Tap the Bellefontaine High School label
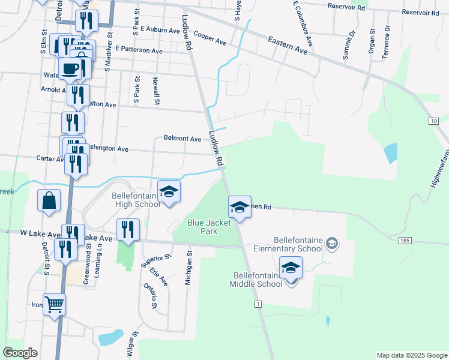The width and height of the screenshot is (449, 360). click(x=136, y=200)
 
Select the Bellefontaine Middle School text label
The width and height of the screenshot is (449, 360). click(x=258, y=280)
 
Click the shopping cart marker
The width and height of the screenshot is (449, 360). click(x=54, y=304)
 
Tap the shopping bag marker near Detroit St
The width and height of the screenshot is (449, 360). click(x=48, y=201)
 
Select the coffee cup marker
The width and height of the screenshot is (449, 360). click(x=70, y=68)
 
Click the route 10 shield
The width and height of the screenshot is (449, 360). click(x=433, y=121)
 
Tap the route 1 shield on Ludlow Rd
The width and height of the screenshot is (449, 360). click(x=258, y=305)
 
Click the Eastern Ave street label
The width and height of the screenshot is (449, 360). click(x=288, y=45)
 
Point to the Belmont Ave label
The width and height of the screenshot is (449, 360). click(x=182, y=139)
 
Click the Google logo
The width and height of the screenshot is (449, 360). click(x=20, y=353)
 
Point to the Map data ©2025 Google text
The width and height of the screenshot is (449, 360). click(x=411, y=355)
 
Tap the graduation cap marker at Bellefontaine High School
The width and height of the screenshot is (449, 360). click(x=169, y=191)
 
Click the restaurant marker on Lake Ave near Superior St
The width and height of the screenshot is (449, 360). click(x=128, y=229)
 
